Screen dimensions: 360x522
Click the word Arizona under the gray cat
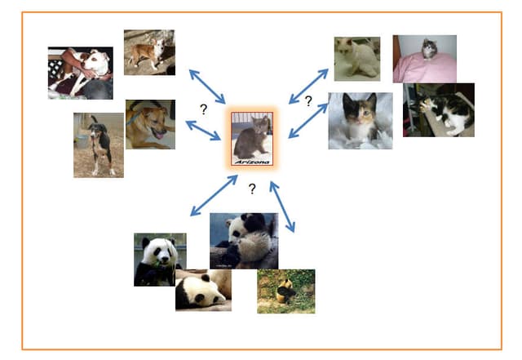[251, 162]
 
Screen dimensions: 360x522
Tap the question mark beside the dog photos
[203, 108]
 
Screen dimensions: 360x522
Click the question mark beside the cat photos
[308, 101]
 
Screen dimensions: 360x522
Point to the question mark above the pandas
[252, 189]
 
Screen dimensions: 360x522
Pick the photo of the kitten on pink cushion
[424, 58]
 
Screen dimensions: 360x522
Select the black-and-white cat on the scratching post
[440, 111]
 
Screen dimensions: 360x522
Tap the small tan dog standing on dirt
[148, 52]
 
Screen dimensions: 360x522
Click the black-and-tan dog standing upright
[99, 146]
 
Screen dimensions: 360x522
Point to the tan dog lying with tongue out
[150, 125]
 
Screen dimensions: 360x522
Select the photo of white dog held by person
[81, 72]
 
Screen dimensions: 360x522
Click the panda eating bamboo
[159, 259]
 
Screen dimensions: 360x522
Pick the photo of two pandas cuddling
[243, 240]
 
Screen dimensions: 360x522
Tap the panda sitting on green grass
[285, 291]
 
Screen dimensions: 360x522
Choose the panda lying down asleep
[202, 290]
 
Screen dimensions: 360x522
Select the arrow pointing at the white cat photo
[308, 86]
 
